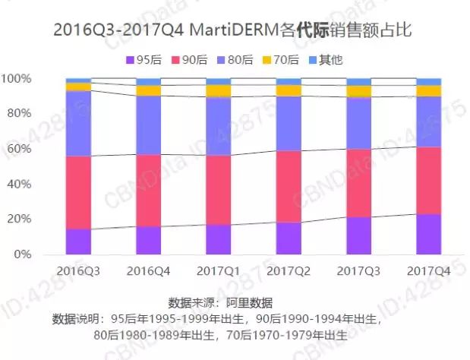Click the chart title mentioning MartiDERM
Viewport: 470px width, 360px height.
[235, 30]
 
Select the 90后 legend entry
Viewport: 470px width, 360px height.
[195, 59]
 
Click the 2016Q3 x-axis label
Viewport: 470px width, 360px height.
[78, 271]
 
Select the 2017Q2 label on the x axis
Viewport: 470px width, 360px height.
[289, 271]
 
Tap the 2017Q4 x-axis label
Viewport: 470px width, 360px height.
[428, 271]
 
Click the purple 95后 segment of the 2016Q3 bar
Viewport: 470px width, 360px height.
[78, 242]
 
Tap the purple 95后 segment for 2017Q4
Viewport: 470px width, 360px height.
[428, 235]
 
